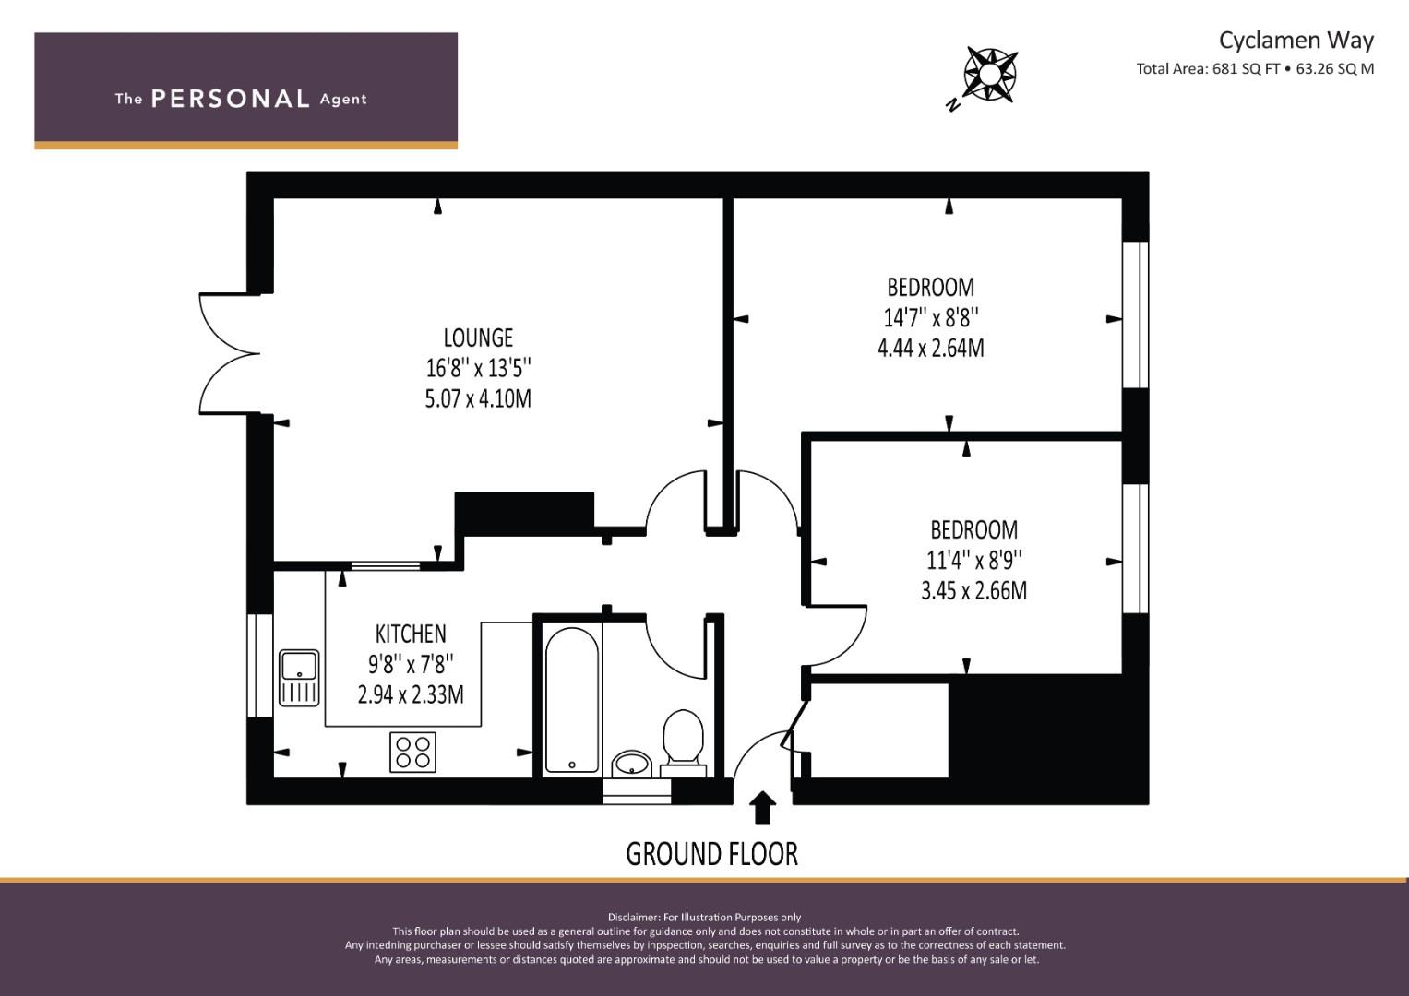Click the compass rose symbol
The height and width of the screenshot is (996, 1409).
[x=990, y=75]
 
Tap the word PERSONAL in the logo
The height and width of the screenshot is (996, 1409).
[x=231, y=99]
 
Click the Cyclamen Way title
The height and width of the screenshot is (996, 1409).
[x=1296, y=41]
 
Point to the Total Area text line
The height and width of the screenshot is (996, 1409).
[x=1255, y=69]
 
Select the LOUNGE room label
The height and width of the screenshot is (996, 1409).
[x=478, y=338]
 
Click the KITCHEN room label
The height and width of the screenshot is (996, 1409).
[x=411, y=634]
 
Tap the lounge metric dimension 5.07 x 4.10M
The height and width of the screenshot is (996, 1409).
[x=478, y=398]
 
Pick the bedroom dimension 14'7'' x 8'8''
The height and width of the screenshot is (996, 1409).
[x=931, y=318]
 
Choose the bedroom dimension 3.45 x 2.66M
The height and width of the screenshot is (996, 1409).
[x=973, y=590]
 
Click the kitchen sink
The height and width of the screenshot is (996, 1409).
[x=299, y=678]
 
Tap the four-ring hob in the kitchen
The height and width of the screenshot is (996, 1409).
[x=412, y=752]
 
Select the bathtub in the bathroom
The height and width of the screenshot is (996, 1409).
[x=572, y=700]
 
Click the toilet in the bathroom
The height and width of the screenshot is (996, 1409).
[x=683, y=742]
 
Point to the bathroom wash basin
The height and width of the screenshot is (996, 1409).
[x=632, y=764]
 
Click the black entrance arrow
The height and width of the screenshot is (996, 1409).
[x=762, y=807]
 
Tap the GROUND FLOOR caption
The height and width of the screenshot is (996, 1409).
[x=712, y=855]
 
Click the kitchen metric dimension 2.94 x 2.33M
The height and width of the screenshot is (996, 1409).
[x=411, y=694]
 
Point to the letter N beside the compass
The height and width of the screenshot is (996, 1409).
[x=954, y=106]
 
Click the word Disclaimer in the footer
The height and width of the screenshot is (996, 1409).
[x=633, y=918]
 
